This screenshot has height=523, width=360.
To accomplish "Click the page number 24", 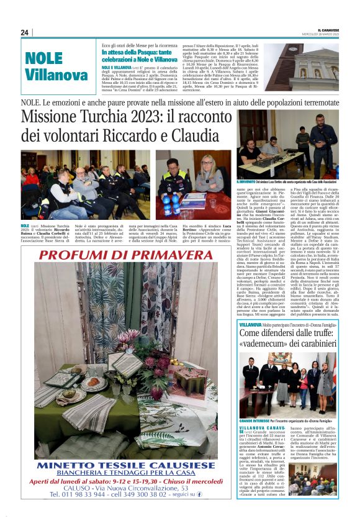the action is [x=25, y=32].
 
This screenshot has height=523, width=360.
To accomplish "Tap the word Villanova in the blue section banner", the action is [x=56, y=75].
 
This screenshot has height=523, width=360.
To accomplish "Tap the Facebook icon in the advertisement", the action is [x=199, y=494].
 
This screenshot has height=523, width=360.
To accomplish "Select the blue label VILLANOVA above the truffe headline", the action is [x=250, y=325].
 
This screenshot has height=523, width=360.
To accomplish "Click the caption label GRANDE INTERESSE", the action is [x=255, y=420].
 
